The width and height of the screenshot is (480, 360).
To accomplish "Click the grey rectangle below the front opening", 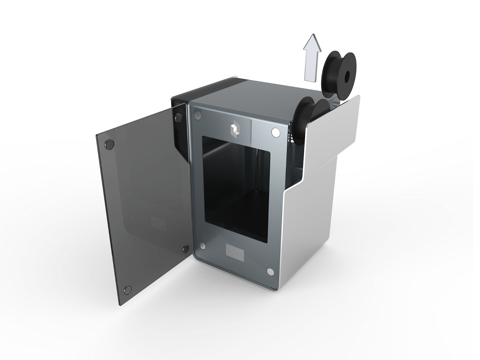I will coord(235,252).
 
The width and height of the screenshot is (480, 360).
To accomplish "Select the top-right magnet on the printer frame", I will coord(275,133).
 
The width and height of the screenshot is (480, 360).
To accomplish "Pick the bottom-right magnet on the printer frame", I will coord(270,272).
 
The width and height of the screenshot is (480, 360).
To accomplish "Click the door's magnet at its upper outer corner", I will coord(110,144).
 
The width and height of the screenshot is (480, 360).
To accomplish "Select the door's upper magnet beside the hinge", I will coord(179,118).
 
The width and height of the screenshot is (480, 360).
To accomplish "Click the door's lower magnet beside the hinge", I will coord(186,248).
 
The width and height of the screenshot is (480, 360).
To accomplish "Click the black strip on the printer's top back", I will coord(214,87).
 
